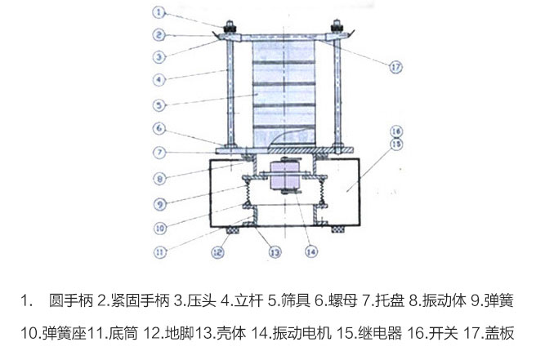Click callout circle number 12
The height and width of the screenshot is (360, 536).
pos(218,252)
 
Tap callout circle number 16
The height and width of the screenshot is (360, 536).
pos(395,131)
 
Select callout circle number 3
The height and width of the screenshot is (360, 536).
pos(160,56)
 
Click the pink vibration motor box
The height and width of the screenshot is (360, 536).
pos(282,176)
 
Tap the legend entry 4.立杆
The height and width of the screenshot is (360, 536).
pos(238,300)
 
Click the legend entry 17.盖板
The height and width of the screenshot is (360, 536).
pos(493,333)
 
